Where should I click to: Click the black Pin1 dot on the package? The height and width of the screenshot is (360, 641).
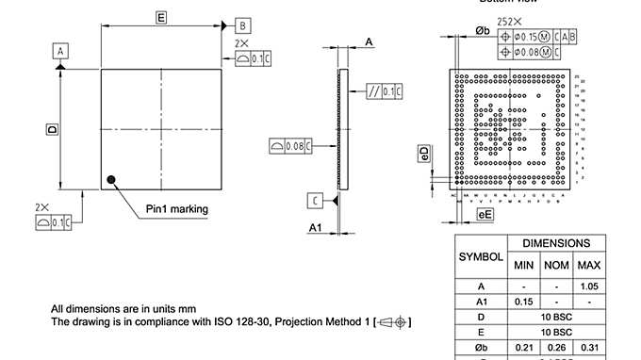coord(112,179)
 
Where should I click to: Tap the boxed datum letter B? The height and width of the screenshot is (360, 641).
coord(242,25)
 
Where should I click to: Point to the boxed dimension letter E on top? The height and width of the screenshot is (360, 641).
coord(161,18)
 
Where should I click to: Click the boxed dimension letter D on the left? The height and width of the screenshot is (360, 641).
coord(52,128)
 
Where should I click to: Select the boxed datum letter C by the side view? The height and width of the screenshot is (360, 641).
coord(316,200)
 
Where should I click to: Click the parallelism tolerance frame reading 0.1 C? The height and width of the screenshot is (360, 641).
coord(386,90)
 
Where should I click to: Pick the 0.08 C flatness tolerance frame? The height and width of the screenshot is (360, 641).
coord(290,146)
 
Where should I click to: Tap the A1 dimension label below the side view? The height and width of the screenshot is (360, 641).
coord(317,228)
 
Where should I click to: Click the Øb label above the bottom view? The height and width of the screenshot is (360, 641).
coord(482,30)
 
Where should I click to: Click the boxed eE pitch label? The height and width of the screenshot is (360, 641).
coord(485,215)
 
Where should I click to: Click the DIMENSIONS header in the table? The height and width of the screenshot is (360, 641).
coord(556,243)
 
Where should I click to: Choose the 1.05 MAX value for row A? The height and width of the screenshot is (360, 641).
coord(589,286)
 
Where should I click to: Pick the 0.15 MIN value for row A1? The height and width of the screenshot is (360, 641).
coord(524,302)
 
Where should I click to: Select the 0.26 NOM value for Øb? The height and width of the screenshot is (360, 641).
coord(556,348)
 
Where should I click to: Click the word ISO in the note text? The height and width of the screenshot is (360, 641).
coord(226,321)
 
